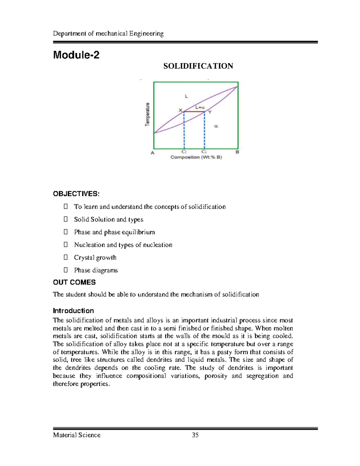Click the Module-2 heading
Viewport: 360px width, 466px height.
tap(76, 55)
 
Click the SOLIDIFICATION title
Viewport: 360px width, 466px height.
tap(198, 66)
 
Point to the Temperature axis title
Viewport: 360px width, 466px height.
tap(147, 114)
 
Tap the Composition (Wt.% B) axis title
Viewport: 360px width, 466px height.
tap(196, 157)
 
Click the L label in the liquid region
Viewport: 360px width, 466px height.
tap(186, 96)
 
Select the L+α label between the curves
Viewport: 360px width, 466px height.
tap(200, 107)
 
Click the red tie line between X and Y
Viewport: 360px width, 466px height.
tap(194, 112)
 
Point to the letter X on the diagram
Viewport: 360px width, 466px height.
tap(180, 110)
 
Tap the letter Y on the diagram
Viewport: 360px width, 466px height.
tap(210, 112)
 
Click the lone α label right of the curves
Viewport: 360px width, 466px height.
tap(216, 126)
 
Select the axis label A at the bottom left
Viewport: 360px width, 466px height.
tap(152, 153)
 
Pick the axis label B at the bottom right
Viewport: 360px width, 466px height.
tap(237, 152)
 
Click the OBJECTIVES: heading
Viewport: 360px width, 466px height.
tap(76, 194)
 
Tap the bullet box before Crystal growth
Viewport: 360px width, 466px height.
tap(66, 257)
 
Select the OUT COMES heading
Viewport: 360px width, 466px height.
tap(74, 282)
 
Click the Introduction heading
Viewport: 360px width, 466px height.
tap(73, 311)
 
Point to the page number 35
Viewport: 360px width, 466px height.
tap(195, 435)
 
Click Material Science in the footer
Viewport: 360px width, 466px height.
tap(77, 435)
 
